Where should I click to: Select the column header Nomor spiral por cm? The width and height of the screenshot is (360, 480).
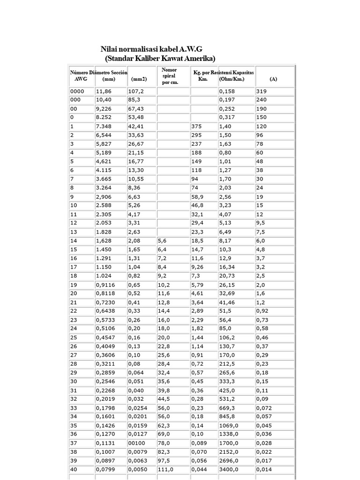[x=169, y=76]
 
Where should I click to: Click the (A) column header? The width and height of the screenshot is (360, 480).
[x=273, y=79]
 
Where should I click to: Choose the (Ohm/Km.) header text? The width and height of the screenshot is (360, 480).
[x=232, y=79]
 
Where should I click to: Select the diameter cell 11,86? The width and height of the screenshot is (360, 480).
[x=104, y=91]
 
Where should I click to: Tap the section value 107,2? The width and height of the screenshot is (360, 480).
[x=136, y=91]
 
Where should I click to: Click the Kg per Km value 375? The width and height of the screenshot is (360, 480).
[x=197, y=127]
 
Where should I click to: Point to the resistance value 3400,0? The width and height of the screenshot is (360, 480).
[x=229, y=469]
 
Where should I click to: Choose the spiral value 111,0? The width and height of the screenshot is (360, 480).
[x=166, y=469]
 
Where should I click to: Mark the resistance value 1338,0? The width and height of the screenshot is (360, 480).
[x=229, y=434]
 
